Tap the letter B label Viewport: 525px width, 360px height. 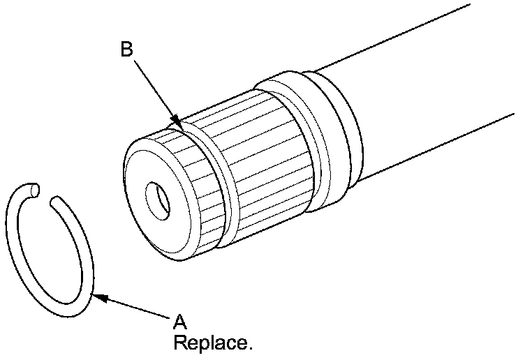point(126,50)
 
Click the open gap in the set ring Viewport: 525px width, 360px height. point(46,195)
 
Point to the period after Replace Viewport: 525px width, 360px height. point(250,348)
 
